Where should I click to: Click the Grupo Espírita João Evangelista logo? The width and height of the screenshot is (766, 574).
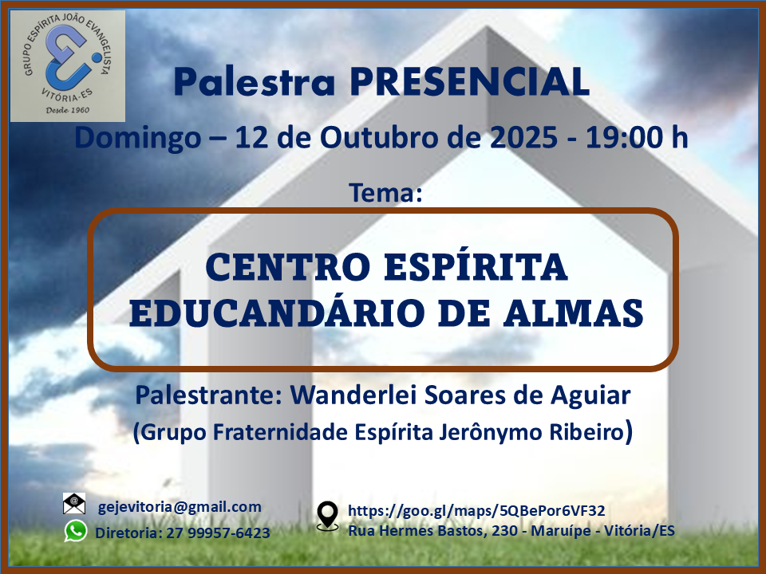pyautogui.click(x=68, y=66)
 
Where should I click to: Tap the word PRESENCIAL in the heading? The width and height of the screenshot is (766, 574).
pyautogui.click(x=469, y=81)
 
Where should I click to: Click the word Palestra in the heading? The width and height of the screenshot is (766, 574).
pyautogui.click(x=255, y=81)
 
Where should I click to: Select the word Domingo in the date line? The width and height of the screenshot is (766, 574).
pyautogui.click(x=138, y=138)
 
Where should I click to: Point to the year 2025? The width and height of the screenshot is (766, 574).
pyautogui.click(x=523, y=137)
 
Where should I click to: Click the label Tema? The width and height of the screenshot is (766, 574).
pyautogui.click(x=385, y=192)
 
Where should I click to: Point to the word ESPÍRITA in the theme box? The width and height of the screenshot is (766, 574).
pyautogui.click(x=476, y=266)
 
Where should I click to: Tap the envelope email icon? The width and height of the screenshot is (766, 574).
pyautogui.click(x=74, y=503)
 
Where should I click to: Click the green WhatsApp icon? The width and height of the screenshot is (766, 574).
pyautogui.click(x=76, y=531)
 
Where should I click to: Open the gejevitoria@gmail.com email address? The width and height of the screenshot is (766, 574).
pyautogui.click(x=180, y=507)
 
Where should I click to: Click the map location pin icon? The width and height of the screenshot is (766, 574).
pyautogui.click(x=327, y=516)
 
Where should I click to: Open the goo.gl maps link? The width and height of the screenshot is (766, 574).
pyautogui.click(x=476, y=510)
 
